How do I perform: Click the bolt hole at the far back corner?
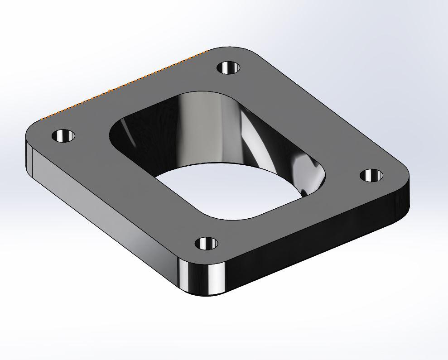coord(228,68)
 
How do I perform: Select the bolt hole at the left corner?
coord(63,135)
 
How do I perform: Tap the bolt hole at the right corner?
coord(371,175)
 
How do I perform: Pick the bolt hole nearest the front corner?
coord(207,244)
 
